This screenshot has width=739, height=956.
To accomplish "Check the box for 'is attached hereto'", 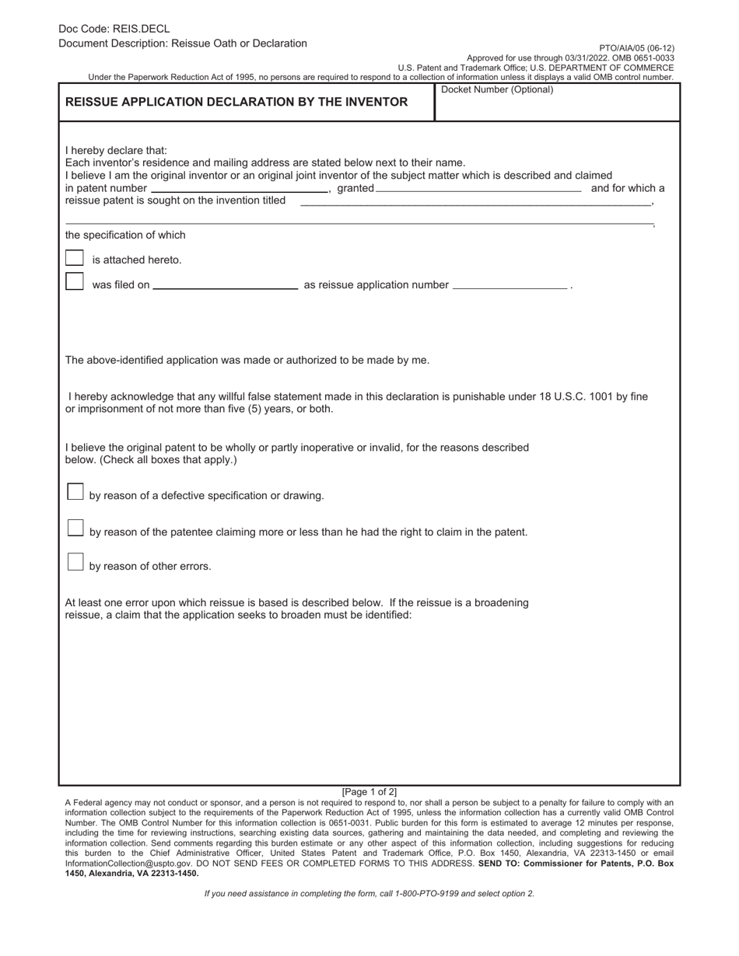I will (74, 258).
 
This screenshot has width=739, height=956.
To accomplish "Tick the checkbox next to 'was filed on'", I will (74, 281).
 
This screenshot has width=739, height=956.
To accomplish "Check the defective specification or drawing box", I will (75, 491).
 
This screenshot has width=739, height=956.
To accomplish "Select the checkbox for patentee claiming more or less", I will (75, 528).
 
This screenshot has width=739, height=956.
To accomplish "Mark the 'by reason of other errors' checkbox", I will (75, 562).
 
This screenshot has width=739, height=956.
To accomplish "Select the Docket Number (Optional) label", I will (497, 89).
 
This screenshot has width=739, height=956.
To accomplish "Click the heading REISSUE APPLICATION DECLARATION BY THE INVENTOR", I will (236, 102).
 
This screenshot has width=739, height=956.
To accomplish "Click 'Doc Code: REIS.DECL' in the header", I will (114, 29).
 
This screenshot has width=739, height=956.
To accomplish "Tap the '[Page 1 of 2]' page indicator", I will (369, 792).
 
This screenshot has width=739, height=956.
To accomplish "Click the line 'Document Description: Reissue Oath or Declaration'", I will (182, 44).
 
